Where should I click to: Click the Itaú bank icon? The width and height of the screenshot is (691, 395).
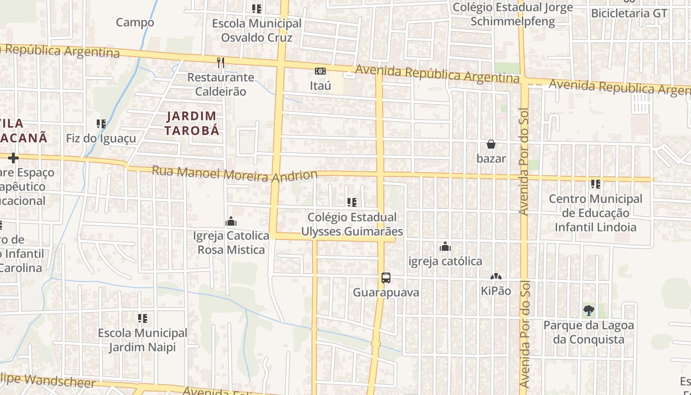[x=320, y=71]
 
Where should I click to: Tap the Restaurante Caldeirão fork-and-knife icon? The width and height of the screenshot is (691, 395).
[x=221, y=63]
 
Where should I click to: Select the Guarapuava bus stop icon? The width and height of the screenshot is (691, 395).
[x=386, y=278]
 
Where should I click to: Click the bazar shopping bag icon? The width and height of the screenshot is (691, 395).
[x=491, y=144]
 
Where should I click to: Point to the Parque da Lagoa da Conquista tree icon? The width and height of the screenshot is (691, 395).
[x=588, y=311]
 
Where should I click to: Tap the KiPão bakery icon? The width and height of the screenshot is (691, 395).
[x=496, y=277]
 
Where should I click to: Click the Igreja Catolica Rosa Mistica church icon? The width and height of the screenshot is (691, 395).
[x=230, y=222]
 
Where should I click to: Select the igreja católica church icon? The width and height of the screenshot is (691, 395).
[x=445, y=246]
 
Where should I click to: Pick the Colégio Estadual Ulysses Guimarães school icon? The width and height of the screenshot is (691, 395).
[x=352, y=202]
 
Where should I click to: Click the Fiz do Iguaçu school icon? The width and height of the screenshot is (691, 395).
[x=101, y=124]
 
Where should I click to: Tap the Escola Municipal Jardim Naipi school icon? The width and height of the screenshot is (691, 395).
[x=143, y=318]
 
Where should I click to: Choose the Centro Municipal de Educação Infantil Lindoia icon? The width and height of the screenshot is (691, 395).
[x=596, y=184]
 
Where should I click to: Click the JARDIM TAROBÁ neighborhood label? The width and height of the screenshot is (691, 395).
[x=192, y=123]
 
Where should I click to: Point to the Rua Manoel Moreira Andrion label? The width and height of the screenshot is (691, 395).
[x=234, y=174]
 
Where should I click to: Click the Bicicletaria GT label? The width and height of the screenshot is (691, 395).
[x=629, y=13]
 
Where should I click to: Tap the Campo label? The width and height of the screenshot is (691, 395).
[x=135, y=22]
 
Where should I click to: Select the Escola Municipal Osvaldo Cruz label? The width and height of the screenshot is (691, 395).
[x=257, y=31]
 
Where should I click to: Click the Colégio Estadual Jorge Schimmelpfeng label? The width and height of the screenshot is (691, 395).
[x=513, y=14]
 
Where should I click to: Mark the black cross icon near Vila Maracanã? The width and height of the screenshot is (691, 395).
[x=13, y=158]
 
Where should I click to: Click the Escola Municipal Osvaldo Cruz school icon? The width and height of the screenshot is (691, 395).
[x=257, y=8]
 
